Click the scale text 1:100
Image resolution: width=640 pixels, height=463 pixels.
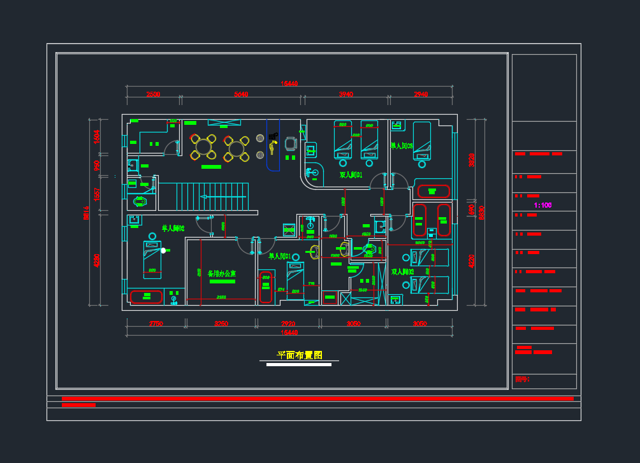[542, 205]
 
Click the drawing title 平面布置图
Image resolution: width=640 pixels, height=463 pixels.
[299, 355]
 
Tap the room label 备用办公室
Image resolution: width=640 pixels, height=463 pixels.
[221, 273]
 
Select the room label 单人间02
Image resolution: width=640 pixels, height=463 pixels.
[173, 228]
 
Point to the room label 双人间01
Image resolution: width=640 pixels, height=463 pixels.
[351, 175]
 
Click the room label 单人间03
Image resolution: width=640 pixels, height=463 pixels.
[402, 146]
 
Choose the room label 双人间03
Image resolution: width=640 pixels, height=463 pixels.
[402, 272]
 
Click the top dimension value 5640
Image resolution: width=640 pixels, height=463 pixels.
[241, 94]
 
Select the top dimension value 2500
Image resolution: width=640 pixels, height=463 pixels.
[153, 94]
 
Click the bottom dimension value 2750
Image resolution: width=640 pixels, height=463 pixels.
[156, 324]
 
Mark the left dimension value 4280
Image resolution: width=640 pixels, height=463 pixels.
[97, 260]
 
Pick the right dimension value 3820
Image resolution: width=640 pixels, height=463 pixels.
[472, 159]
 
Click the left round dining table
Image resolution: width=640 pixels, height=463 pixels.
[203, 147]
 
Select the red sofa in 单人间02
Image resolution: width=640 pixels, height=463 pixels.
[146, 296]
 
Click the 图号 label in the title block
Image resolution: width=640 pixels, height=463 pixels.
[521, 380]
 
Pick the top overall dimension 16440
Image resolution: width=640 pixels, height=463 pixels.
[290, 83]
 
